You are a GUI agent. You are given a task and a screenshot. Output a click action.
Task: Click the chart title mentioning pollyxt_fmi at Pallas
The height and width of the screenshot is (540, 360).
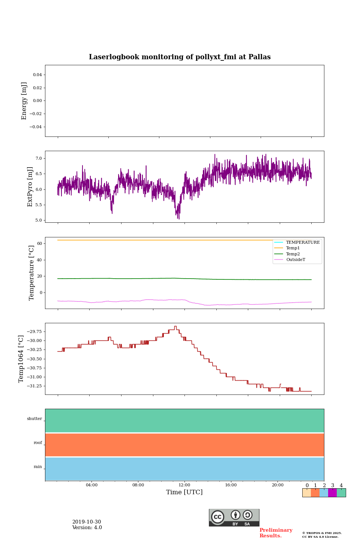click(x=180, y=57)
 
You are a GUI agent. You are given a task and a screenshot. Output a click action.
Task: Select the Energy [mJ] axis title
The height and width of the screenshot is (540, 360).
click(x=24, y=101)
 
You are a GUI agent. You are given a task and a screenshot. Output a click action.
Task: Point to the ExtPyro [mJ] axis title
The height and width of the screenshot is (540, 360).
click(x=30, y=187)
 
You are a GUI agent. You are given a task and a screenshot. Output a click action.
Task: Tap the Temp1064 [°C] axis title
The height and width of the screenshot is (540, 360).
click(x=21, y=359)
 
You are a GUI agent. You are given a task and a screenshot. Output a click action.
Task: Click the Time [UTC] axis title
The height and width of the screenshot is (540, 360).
click(x=184, y=492)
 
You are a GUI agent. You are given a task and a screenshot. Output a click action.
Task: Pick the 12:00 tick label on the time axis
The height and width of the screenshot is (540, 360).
click(x=184, y=485)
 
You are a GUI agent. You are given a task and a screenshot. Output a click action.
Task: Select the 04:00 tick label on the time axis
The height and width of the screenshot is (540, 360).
click(x=91, y=485)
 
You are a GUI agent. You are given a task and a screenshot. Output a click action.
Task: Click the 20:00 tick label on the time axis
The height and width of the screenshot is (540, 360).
click(x=277, y=485)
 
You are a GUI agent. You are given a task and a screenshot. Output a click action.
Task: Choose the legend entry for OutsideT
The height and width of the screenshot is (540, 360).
click(x=295, y=260)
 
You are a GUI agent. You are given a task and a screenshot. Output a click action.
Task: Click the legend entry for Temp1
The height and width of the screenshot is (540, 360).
click(x=293, y=248)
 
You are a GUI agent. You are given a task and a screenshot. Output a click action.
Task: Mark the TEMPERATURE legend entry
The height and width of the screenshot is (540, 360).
click(x=303, y=243)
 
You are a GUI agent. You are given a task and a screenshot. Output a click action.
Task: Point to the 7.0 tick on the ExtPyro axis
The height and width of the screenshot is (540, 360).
click(x=39, y=159)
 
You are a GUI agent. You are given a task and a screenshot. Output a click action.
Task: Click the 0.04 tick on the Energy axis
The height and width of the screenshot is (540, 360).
click(x=37, y=75)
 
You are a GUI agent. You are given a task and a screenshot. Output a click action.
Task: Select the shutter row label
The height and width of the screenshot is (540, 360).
click(x=34, y=419)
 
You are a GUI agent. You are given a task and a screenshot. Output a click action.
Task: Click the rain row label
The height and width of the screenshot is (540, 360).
click(x=38, y=467)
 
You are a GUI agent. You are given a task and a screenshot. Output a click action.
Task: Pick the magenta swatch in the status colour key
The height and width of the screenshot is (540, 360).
click(x=332, y=493)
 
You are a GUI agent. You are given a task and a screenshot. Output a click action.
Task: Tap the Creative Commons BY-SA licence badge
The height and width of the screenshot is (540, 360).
click(x=234, y=517)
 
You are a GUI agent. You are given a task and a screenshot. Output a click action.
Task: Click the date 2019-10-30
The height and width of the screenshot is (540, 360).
click(x=87, y=522)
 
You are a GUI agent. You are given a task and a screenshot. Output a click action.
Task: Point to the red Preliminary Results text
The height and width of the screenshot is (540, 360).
click(x=276, y=533)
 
